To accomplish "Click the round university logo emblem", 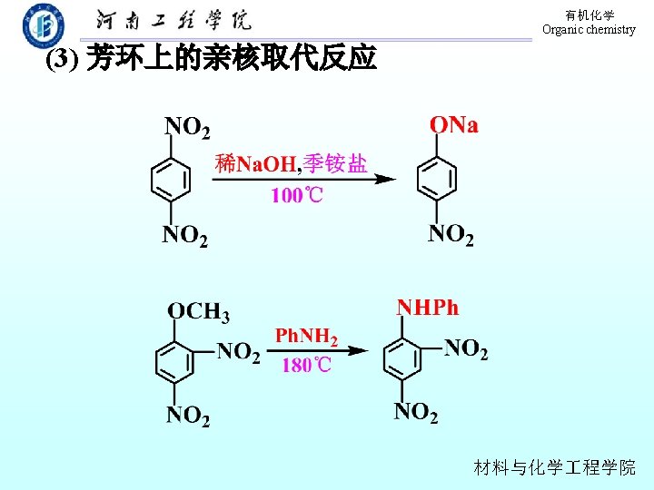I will point(43,24).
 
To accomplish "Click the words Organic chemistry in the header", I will point(589,30).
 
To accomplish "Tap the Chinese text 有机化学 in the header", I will point(590,15).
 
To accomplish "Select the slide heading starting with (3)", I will point(211,59).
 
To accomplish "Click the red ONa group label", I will point(453,125).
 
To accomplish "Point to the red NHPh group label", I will point(427,308).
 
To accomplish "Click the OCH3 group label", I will point(198,311).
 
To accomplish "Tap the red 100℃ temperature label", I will point(297,195).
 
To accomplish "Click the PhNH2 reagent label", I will point(306,337).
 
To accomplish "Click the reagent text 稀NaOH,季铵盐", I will point(291,163).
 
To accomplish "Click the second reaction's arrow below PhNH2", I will point(318,351).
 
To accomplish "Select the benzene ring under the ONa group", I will point(437,177).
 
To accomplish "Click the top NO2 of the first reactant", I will point(186,126).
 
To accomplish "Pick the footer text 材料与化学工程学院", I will point(555,468).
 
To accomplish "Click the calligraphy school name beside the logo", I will point(173,21).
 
